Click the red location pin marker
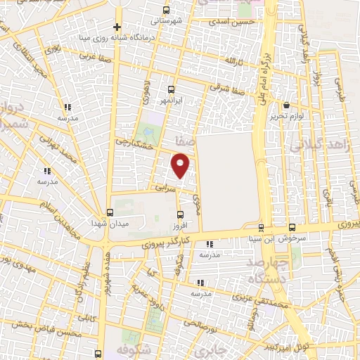[181, 166]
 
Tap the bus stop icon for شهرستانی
[166, 10]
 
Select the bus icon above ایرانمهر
[171, 89]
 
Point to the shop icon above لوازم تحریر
[286, 105]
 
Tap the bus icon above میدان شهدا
[109, 212]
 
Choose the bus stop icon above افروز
[181, 215]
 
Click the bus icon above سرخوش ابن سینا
[292, 228]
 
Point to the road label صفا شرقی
[231, 91]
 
